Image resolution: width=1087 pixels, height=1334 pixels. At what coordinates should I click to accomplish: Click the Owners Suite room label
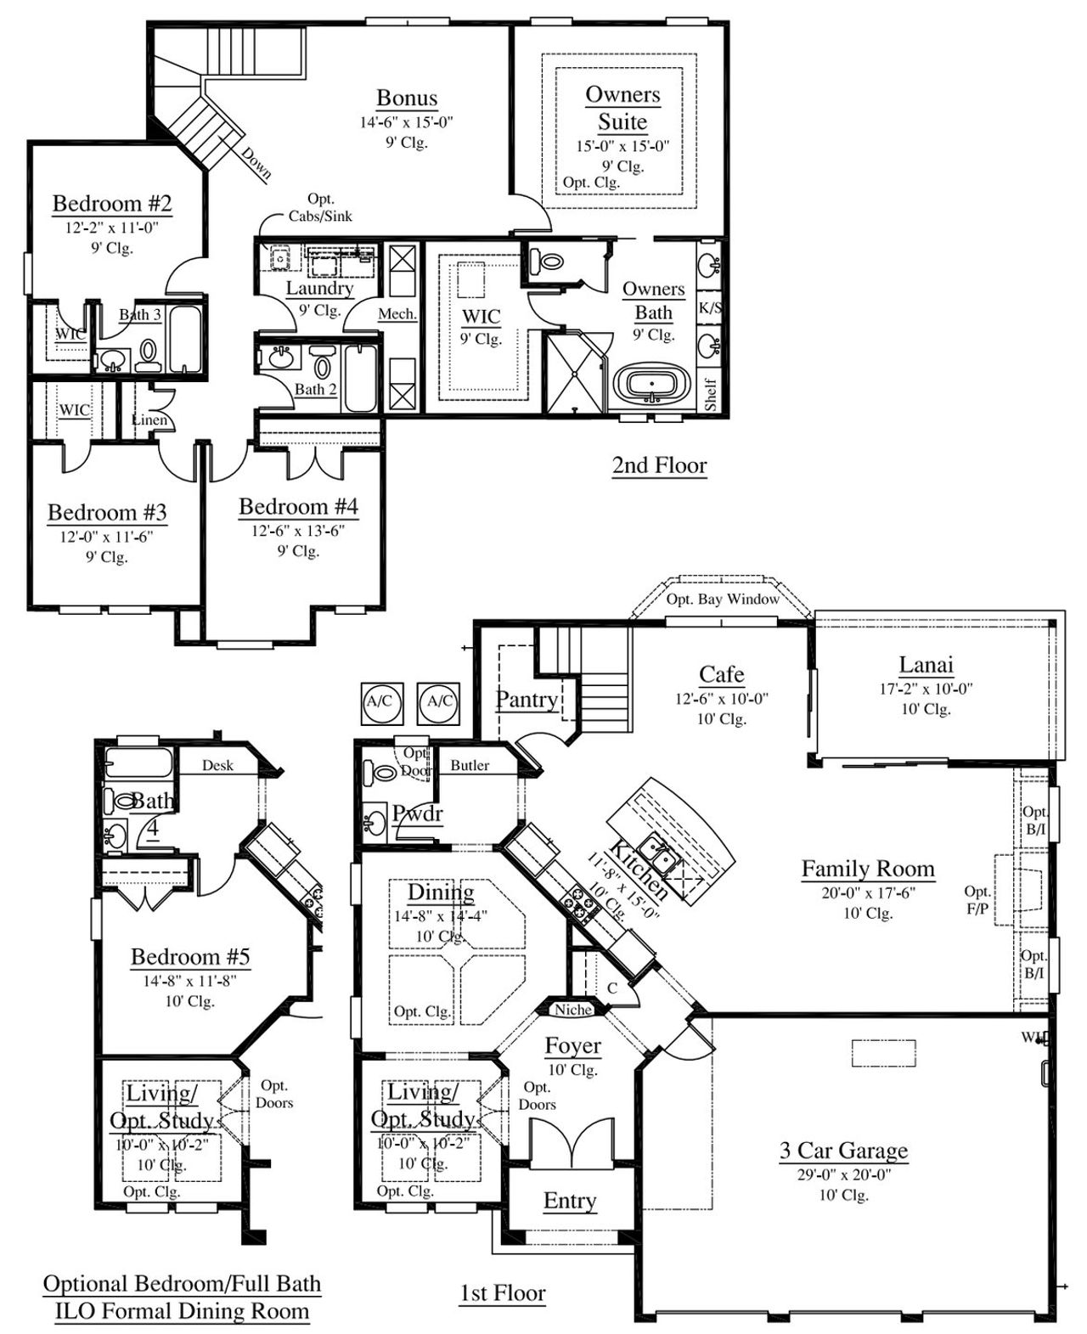(622, 108)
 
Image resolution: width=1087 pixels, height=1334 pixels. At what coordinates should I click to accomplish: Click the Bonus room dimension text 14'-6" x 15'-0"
(406, 122)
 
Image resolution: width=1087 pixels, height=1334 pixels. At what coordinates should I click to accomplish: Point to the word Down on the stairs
(256, 163)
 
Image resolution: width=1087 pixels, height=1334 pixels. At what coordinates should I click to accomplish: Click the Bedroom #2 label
(112, 204)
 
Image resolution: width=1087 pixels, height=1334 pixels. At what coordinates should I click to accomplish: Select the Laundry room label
(319, 288)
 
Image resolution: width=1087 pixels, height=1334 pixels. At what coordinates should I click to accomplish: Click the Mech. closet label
(397, 314)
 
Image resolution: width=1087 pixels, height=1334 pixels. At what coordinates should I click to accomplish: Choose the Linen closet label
(150, 420)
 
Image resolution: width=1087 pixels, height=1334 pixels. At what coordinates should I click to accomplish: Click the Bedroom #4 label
(298, 507)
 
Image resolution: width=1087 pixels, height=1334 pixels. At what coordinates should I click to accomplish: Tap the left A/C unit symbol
(379, 702)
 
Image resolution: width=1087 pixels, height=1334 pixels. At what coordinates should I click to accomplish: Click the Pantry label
(527, 700)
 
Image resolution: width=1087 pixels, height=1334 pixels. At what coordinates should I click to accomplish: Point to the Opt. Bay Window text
(723, 599)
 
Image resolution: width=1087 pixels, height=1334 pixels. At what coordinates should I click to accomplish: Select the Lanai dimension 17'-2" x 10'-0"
(925, 690)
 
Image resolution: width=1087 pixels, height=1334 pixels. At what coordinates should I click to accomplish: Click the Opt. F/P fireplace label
(977, 900)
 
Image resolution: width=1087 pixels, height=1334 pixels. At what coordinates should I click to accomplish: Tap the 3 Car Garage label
(843, 1151)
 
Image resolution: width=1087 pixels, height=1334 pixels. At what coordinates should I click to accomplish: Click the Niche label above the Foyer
(573, 1010)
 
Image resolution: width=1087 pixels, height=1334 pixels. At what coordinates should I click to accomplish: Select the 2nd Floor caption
(659, 465)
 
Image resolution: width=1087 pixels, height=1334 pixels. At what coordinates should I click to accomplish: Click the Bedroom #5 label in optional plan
(190, 957)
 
